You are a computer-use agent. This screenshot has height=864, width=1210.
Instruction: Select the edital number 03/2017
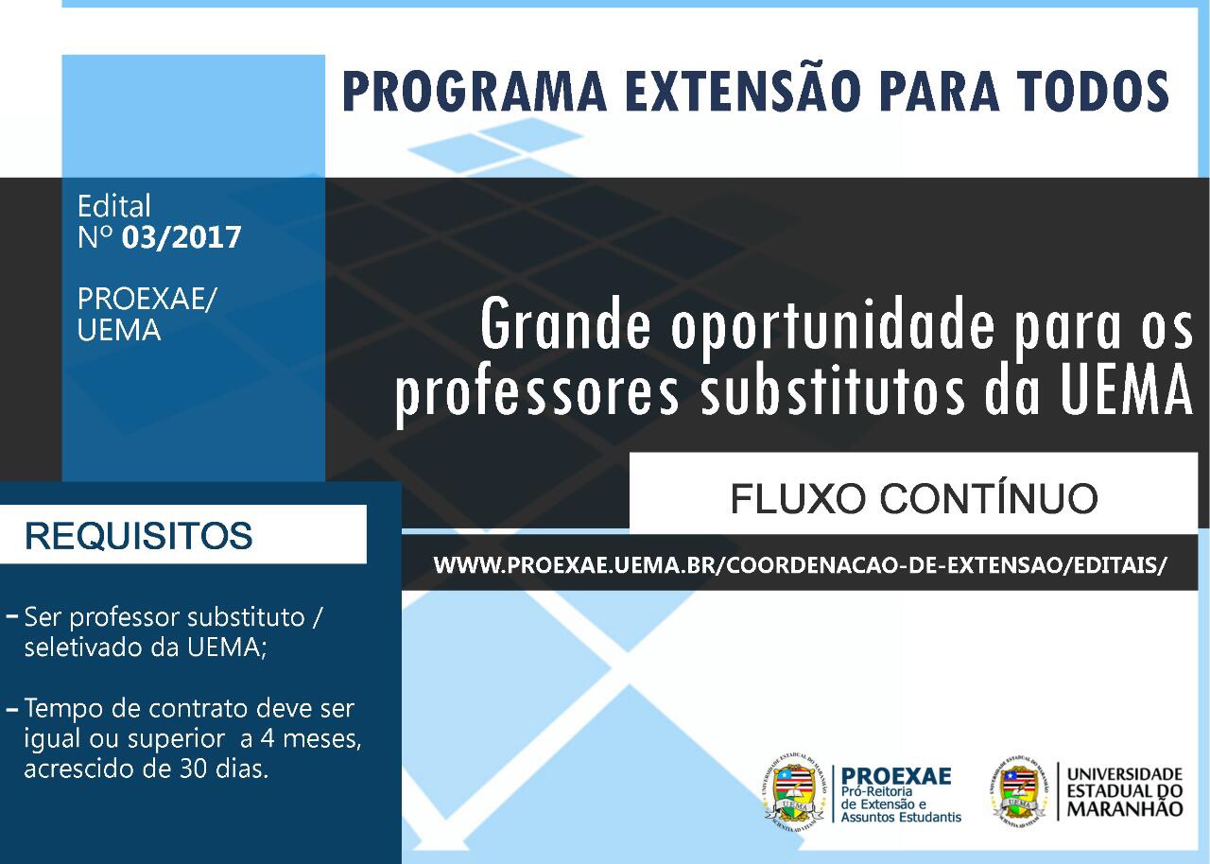(x=181, y=236)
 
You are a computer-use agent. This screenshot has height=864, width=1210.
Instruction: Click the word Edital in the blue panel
(x=113, y=206)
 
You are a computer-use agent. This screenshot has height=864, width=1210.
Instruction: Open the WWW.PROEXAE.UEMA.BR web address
(x=800, y=564)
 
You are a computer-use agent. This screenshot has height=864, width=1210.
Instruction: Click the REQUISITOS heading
(x=138, y=536)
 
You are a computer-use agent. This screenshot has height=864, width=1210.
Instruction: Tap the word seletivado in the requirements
(x=80, y=649)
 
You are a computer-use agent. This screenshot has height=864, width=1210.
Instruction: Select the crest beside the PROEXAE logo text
(x=795, y=791)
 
